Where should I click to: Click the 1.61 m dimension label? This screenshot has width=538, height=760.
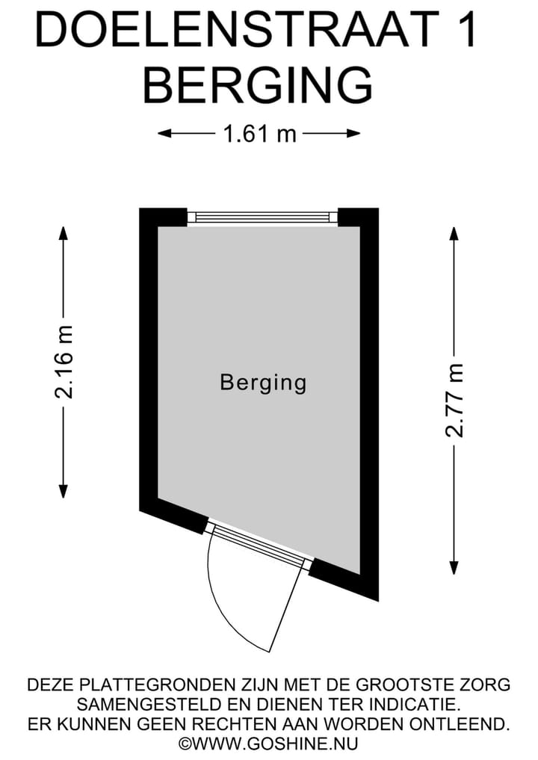click(259, 134)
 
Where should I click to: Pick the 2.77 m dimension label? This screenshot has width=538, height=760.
click(454, 400)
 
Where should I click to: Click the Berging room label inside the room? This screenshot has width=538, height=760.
click(263, 383)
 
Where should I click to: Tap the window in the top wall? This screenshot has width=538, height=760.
click(262, 217)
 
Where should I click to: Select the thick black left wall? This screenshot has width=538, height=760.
click(148, 359)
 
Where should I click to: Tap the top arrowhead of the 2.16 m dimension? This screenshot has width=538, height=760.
click(64, 232)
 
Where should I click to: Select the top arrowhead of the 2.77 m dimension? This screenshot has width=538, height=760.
click(453, 232)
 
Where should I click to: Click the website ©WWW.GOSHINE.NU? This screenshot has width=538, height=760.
click(268, 743)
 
